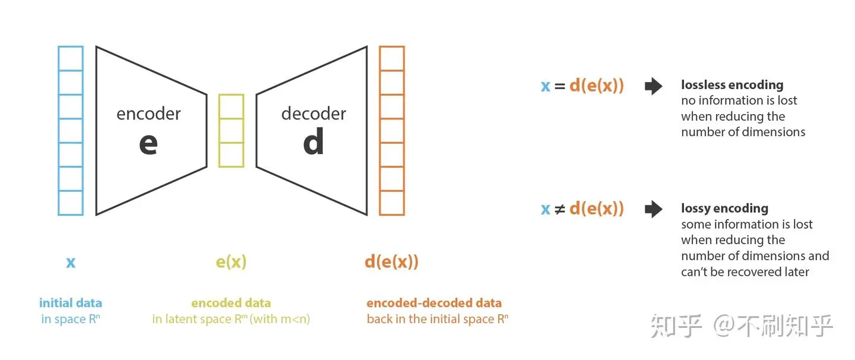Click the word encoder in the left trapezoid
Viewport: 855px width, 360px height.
[x=148, y=113]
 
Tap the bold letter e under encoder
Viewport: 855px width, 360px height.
[x=148, y=144]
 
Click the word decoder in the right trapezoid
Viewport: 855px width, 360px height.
[x=313, y=113]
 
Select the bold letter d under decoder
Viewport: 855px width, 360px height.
[x=313, y=143]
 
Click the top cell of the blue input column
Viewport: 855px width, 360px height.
[x=71, y=58]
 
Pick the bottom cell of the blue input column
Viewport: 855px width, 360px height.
[x=71, y=203]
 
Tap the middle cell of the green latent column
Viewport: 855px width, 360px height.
[x=231, y=131]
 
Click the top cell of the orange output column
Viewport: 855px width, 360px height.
[x=392, y=58]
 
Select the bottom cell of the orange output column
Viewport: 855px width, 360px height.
[x=392, y=203]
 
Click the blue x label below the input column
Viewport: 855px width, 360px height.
[x=71, y=262]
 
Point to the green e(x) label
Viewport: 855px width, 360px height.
[x=231, y=262]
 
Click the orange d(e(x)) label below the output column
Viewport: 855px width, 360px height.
[x=391, y=262]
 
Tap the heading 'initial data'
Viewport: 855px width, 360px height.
[x=71, y=303]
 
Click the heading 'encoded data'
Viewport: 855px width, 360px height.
[x=231, y=303]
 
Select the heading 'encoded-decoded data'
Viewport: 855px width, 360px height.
[x=434, y=303]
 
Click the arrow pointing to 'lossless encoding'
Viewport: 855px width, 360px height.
[x=654, y=86]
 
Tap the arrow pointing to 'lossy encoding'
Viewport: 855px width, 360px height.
[x=654, y=209]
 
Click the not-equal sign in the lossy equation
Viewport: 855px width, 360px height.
[x=559, y=209]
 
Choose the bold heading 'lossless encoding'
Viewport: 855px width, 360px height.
[x=732, y=85]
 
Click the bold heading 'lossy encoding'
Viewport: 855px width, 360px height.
[x=724, y=209]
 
